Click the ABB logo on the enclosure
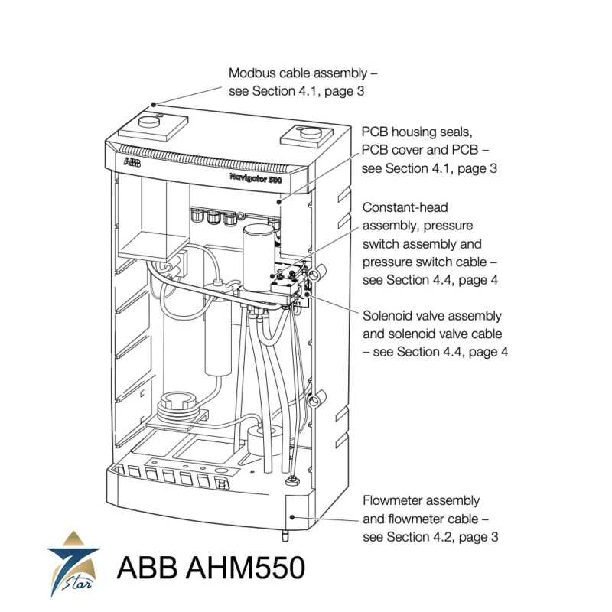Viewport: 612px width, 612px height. click(132, 162)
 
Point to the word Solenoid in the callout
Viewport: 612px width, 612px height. click(386, 316)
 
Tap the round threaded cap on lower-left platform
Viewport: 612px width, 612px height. click(177, 403)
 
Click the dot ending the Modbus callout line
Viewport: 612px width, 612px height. click(154, 103)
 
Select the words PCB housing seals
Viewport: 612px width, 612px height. click(418, 132)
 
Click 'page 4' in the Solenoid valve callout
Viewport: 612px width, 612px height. click(485, 352)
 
